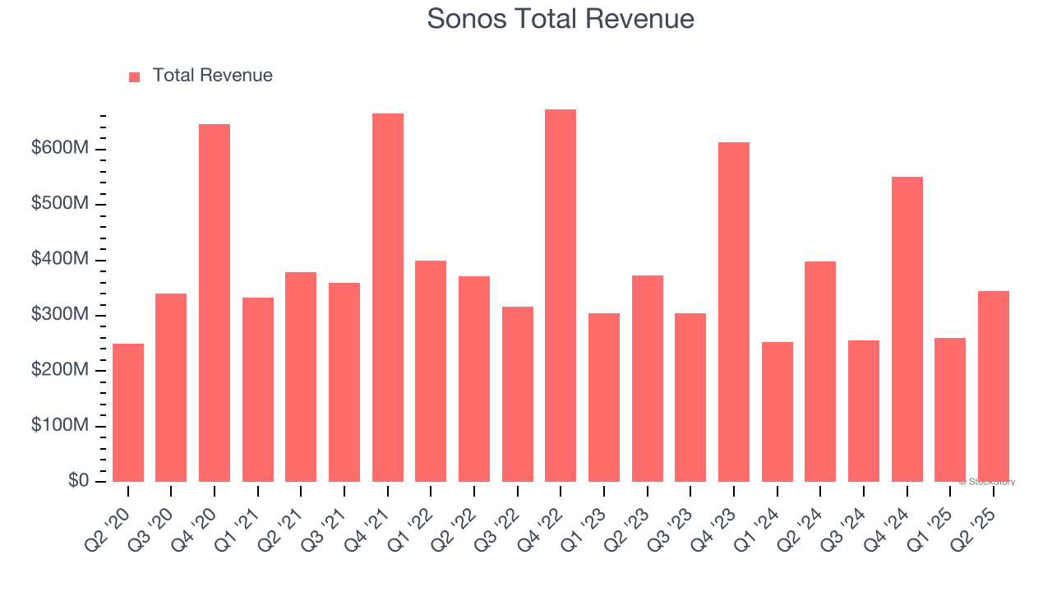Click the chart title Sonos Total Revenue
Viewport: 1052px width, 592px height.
tap(561, 18)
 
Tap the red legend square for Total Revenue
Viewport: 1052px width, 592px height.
tap(135, 76)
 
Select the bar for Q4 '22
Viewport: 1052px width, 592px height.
tap(561, 296)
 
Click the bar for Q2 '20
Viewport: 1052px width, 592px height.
tap(128, 413)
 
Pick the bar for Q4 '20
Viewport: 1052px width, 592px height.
tap(215, 303)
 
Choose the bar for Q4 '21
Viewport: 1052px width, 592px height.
tap(388, 298)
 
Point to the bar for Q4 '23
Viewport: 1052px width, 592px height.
tap(734, 312)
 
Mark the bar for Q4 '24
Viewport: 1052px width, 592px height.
tap(907, 329)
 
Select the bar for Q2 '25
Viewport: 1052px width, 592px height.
tap(994, 386)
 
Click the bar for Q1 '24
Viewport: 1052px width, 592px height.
tap(777, 412)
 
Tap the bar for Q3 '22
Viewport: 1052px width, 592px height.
tap(518, 395)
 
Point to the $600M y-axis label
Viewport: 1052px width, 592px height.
tap(60, 148)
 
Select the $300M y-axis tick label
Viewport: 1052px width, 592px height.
tap(60, 314)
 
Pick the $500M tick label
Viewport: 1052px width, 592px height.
tap(60, 204)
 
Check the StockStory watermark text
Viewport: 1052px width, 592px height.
tap(987, 482)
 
